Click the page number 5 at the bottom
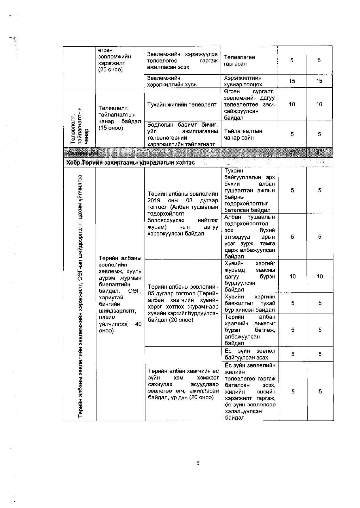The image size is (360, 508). pyautogui.click(x=198, y=463)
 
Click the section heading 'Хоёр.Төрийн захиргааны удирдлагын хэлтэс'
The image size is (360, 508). pyautogui.click(x=130, y=163)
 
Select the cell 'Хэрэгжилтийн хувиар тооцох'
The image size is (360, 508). pyautogui.click(x=243, y=81)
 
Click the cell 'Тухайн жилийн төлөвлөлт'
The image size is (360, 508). pyautogui.click(x=182, y=104)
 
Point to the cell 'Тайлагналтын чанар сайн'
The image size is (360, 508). pyautogui.click(x=243, y=134)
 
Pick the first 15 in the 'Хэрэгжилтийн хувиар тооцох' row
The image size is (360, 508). pyautogui.click(x=292, y=81)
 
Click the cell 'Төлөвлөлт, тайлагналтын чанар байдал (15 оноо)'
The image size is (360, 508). pyautogui.click(x=120, y=118)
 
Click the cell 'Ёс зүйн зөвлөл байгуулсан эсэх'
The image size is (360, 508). pyautogui.click(x=250, y=354)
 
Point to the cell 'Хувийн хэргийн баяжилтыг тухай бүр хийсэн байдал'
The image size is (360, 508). pyautogui.click(x=250, y=303)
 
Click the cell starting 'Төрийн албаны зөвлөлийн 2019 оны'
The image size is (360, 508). pyautogui.click(x=183, y=214)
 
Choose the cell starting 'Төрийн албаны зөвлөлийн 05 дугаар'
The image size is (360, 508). pyautogui.click(x=183, y=303)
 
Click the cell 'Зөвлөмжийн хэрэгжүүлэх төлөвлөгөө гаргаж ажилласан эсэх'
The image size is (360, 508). pyautogui.click(x=182, y=60)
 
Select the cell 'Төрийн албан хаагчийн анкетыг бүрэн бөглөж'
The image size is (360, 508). pyautogui.click(x=250, y=330)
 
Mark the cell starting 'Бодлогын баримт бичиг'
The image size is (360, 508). pyautogui.click(x=182, y=134)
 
